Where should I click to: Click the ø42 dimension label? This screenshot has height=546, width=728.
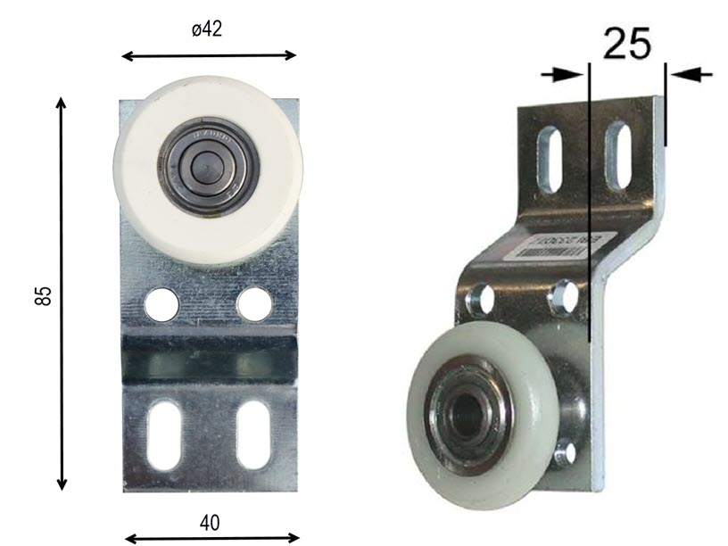pos(207,29)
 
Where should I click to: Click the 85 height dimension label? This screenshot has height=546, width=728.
pos(43,295)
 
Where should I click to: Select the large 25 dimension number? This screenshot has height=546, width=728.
pos(626,44)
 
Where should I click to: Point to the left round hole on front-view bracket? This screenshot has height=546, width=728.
pos(161,305)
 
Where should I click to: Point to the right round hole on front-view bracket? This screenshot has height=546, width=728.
pos(254,305)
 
